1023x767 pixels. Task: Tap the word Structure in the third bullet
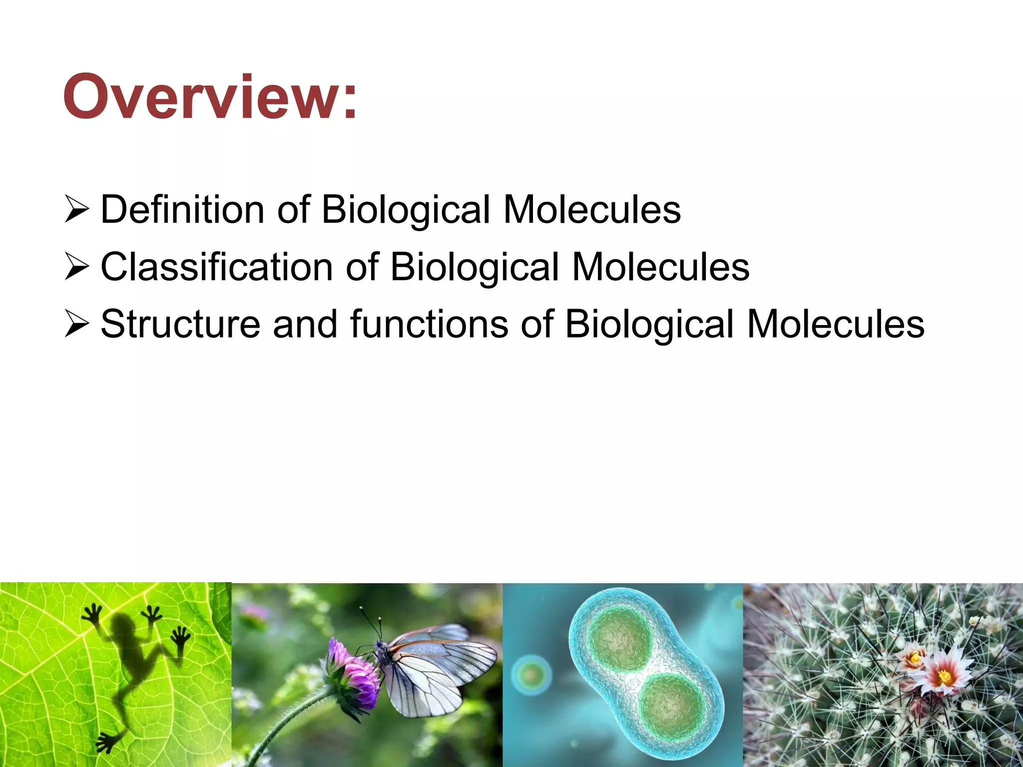(180, 324)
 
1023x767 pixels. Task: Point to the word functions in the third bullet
(429, 324)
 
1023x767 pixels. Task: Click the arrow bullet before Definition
(77, 210)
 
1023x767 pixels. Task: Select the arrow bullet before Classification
(77, 268)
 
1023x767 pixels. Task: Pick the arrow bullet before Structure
(77, 325)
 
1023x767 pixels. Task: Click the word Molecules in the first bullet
(592, 209)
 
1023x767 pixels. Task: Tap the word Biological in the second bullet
(475, 267)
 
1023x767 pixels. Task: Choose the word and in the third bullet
(305, 324)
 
